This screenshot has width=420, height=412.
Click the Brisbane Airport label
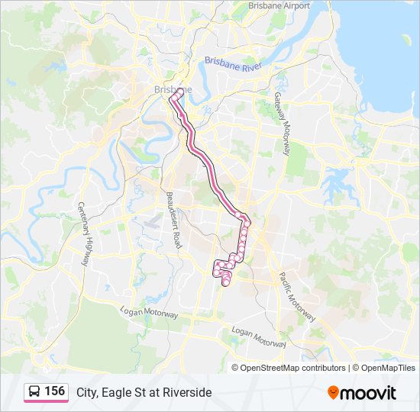pyautogui.click(x=279, y=5)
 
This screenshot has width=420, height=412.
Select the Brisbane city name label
pyautogui.click(x=173, y=89)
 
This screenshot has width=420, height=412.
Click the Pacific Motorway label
pyautogui.click(x=296, y=297)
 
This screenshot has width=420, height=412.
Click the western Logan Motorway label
pyautogui.click(x=149, y=312)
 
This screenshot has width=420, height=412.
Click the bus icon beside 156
pyautogui.click(x=34, y=391)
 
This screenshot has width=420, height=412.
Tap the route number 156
pyautogui.click(x=54, y=391)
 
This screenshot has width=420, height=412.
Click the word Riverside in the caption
pyautogui.click(x=187, y=392)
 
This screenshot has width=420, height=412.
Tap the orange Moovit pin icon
pyautogui.click(x=333, y=392)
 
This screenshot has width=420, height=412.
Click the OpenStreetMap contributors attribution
pyautogui.click(x=292, y=368)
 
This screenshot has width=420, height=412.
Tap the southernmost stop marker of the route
pyautogui.click(x=225, y=284)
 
